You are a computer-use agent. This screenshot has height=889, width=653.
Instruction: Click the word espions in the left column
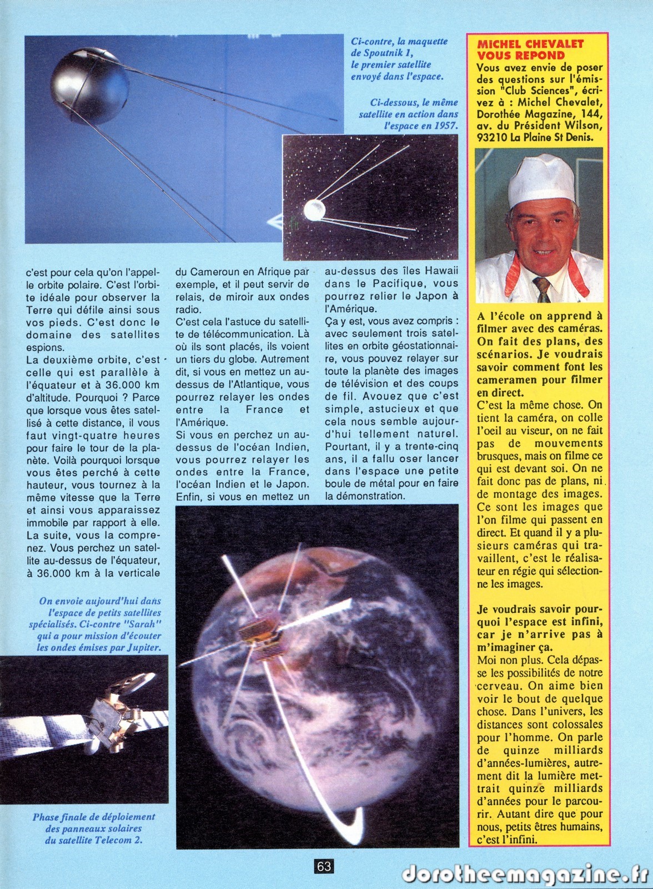click(43, 347)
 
